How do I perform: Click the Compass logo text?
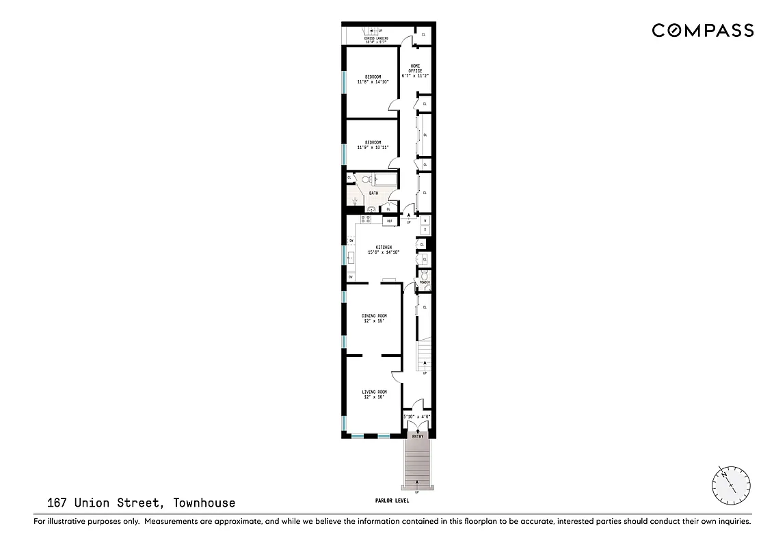(x=702, y=30)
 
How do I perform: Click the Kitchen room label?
(x=383, y=247)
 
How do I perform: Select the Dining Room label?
(x=373, y=316)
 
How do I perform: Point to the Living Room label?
(x=373, y=392)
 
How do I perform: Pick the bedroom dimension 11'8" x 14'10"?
(x=373, y=81)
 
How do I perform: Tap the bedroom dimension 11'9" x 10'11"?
(x=373, y=147)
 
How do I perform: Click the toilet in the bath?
(x=365, y=180)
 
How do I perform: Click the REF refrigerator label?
(x=390, y=221)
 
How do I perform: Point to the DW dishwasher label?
(x=351, y=241)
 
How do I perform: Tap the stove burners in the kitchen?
(x=365, y=219)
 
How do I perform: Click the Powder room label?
(x=424, y=282)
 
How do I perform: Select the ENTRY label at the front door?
(x=417, y=436)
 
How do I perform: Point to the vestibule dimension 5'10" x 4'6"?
(x=416, y=416)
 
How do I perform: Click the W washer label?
(x=425, y=221)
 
